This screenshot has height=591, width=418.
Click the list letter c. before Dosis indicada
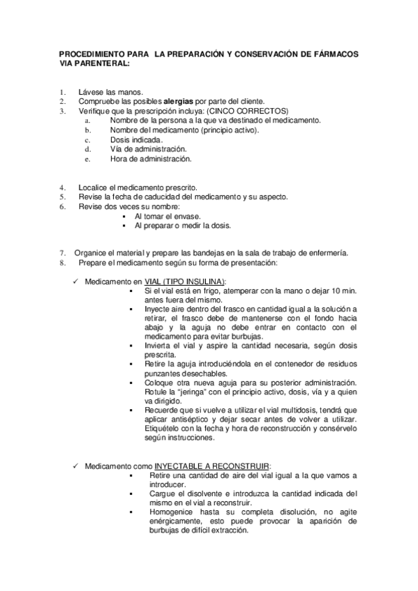[x=87, y=139]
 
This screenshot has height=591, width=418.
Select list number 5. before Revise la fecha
[x=62, y=197]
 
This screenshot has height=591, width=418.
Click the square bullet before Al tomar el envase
[x=124, y=217]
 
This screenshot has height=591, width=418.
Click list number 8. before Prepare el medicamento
[x=62, y=262]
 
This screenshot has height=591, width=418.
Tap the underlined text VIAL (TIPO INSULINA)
[x=186, y=280]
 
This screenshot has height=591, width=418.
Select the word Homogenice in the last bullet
[x=172, y=512]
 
